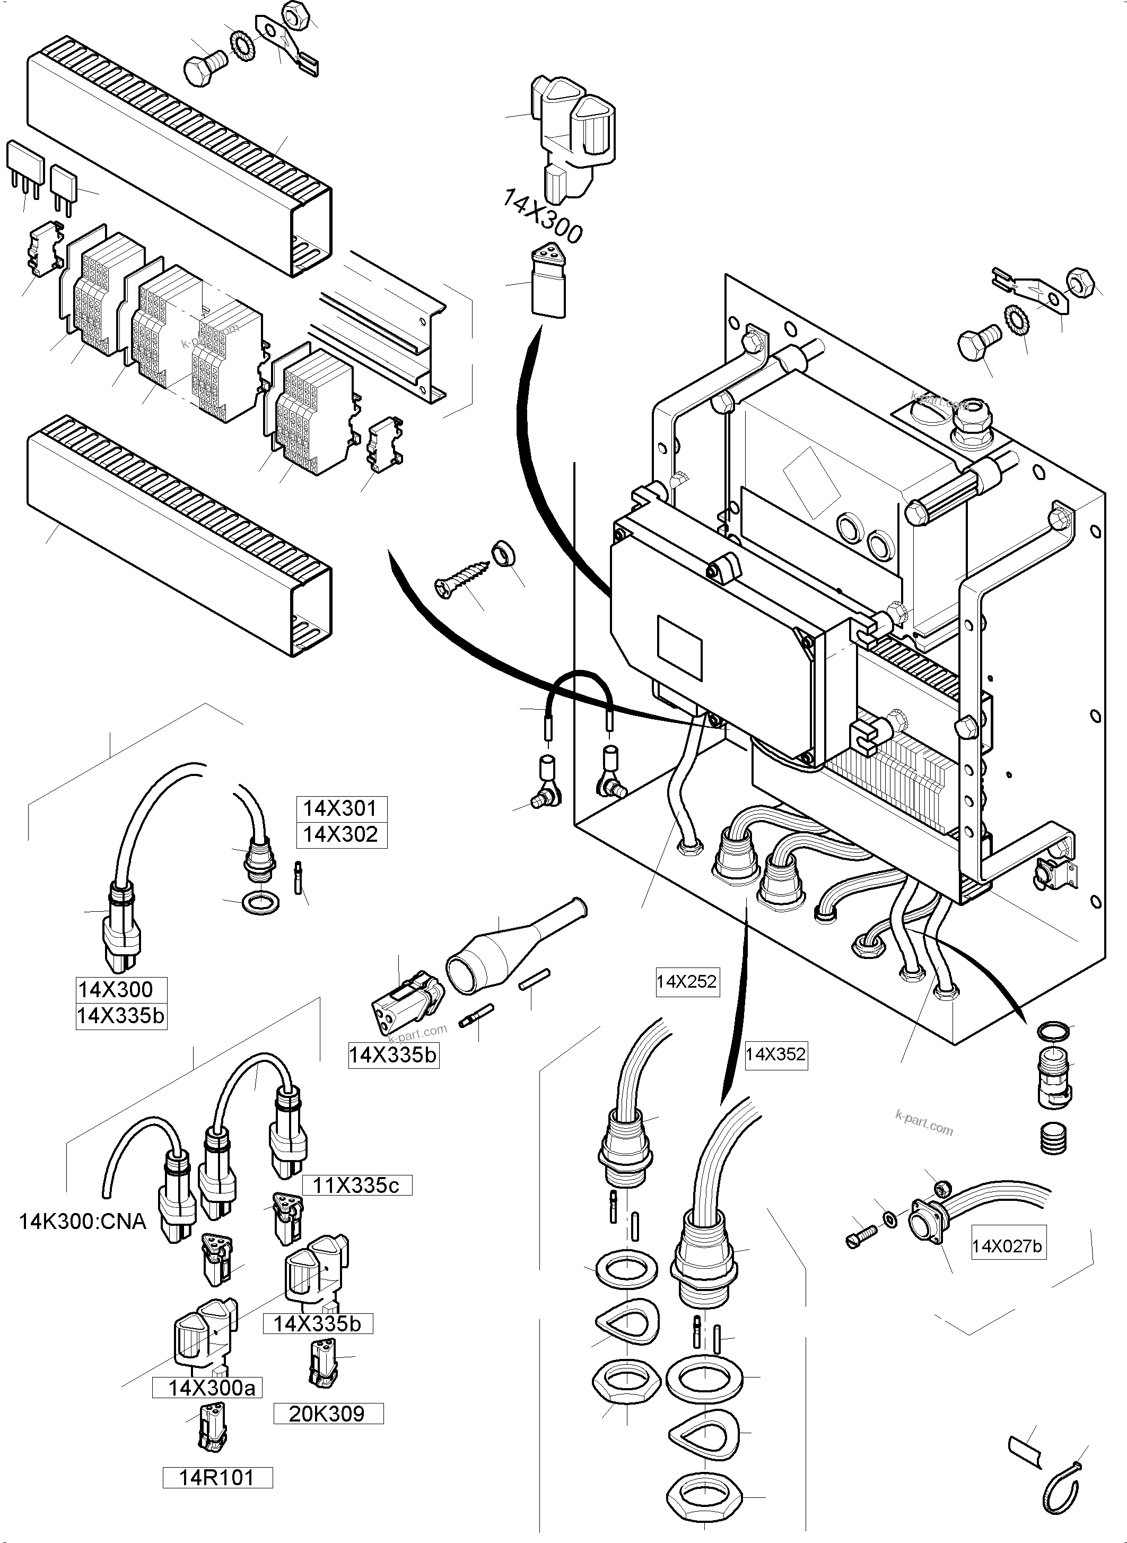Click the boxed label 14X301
click(340, 808)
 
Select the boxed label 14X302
click(340, 835)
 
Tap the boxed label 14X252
click(686, 982)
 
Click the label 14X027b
click(1007, 1247)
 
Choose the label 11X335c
click(355, 1185)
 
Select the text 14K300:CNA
click(83, 1222)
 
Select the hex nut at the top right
click(1082, 281)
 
